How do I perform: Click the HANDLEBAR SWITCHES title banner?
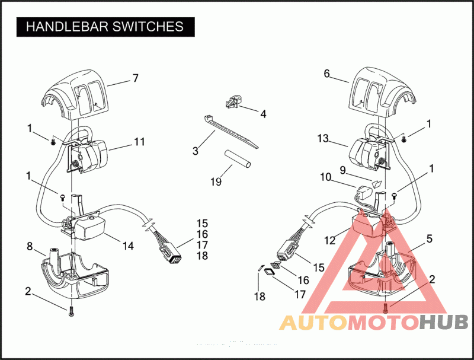click(105, 27)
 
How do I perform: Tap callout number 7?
click(135, 78)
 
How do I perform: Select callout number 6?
click(326, 74)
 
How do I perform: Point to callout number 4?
click(263, 113)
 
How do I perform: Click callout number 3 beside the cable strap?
click(195, 151)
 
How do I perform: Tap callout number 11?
click(139, 142)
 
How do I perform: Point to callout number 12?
click(329, 240)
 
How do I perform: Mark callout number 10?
click(325, 177)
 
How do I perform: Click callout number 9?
click(342, 169)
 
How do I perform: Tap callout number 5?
click(429, 238)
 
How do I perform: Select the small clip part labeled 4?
click(232, 102)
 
